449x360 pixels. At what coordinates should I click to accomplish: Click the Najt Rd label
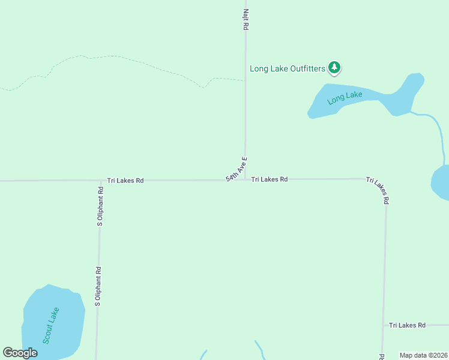246,20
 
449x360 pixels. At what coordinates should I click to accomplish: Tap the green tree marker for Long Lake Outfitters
334,68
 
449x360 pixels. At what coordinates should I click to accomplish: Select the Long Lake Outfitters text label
288,68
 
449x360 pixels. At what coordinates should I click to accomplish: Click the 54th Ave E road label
237,169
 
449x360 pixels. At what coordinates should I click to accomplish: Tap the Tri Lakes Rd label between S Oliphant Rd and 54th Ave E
125,180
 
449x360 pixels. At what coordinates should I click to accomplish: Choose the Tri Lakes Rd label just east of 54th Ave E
269,179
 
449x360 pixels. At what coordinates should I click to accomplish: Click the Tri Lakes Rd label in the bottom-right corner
407,325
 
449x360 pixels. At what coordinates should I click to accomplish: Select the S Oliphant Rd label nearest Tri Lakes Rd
100,206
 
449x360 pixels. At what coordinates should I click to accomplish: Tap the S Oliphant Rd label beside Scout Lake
98,287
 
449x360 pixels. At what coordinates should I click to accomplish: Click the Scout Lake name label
51,325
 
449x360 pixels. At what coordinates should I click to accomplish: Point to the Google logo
20,353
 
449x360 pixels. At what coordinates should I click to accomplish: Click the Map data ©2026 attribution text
424,355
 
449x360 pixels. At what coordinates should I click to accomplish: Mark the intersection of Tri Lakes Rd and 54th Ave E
244,179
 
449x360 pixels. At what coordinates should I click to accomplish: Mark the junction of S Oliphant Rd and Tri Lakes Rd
100,180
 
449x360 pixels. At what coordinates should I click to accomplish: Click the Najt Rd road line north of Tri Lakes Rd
245,108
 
